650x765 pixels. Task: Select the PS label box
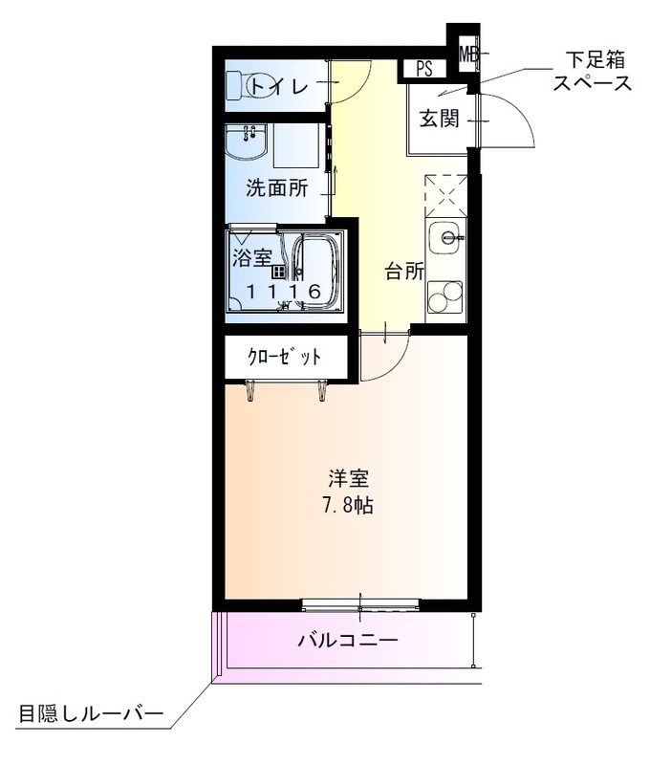(424, 68)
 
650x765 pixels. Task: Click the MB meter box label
(468, 54)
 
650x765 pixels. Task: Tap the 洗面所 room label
(277, 187)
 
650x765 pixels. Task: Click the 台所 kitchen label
(404, 272)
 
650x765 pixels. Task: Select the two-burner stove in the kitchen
(444, 298)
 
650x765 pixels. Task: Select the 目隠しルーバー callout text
(91, 713)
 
